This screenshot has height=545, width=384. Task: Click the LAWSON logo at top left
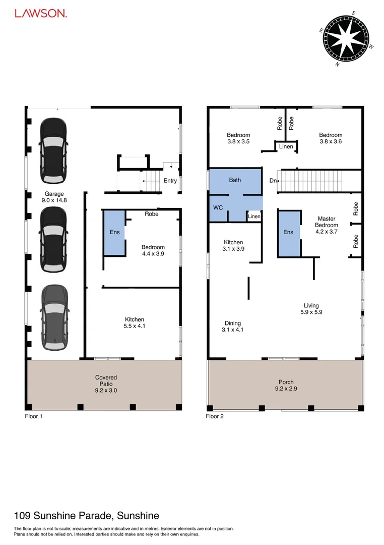40,14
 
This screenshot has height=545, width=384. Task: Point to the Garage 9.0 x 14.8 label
54,197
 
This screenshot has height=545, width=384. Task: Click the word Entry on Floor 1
170,181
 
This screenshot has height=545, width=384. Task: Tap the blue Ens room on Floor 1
114,233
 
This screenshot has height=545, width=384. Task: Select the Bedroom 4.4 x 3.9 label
153,250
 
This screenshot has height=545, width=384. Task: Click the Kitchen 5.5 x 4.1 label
135,322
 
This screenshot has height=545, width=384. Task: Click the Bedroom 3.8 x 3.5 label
238,138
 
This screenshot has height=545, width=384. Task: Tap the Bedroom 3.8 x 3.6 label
330,138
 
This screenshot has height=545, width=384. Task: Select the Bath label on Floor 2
235,180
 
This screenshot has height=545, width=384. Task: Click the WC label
218,207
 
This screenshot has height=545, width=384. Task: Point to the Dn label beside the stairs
273,180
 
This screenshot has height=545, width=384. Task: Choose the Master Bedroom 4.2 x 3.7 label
326,225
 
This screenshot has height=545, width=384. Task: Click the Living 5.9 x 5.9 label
311,309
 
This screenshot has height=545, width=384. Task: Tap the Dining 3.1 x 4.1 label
233,326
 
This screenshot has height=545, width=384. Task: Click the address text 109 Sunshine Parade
86,515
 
